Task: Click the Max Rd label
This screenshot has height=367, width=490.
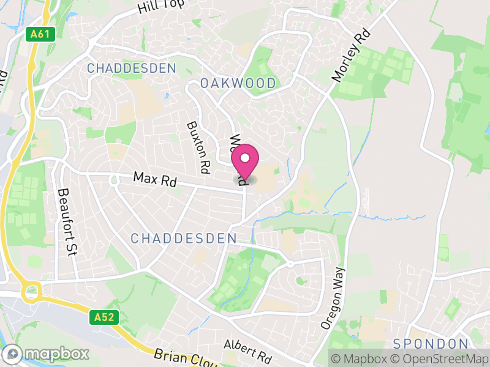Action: click(155, 180)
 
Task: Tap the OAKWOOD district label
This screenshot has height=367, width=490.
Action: click(238, 83)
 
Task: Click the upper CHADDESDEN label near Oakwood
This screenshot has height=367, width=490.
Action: click(131, 68)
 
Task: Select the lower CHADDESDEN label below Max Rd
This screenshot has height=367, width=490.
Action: click(184, 238)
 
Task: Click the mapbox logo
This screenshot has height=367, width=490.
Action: click(47, 354)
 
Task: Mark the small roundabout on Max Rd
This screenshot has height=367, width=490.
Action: click(114, 179)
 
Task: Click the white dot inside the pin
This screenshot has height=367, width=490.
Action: click(245, 158)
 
